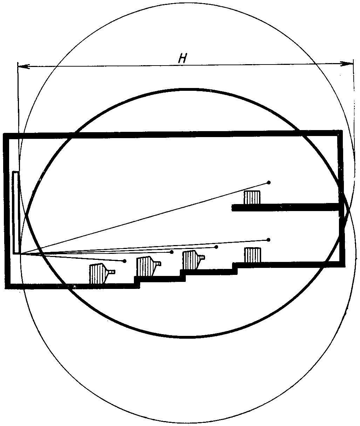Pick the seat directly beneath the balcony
coord(252,255)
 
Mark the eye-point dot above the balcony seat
coord(269,182)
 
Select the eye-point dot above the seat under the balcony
coord(269,240)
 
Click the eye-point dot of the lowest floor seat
coord(124,261)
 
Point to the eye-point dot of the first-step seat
coord(171,252)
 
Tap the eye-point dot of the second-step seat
coord(216,247)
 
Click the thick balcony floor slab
coord(286,207)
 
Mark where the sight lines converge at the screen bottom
coord(20,253)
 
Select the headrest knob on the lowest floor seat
coord(113,272)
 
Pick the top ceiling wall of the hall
coord(175,134)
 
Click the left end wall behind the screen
coord(6,210)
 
